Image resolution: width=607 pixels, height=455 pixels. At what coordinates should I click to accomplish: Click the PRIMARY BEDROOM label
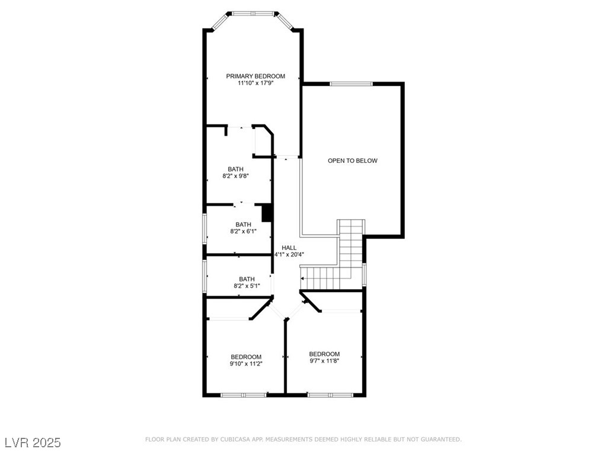pos(255,76)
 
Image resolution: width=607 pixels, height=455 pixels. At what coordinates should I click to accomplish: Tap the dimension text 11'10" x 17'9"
pos(255,84)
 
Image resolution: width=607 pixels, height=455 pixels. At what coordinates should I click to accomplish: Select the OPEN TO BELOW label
pos(353,161)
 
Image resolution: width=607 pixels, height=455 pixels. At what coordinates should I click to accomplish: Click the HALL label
pos(289,248)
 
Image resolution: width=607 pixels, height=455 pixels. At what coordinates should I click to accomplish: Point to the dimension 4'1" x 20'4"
pos(289,255)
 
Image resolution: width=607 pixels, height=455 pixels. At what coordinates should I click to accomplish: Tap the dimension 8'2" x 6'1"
pos(243,232)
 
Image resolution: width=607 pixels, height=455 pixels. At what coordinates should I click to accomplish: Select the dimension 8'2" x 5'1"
pos(247,286)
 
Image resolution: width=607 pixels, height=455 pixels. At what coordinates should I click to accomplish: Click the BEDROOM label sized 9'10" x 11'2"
pos(246,357)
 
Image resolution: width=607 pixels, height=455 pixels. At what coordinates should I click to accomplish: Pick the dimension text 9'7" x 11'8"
pos(324,361)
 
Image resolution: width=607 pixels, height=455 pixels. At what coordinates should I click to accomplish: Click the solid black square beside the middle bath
pos(267,213)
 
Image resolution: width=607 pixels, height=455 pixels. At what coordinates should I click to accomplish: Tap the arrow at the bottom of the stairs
pos(303,278)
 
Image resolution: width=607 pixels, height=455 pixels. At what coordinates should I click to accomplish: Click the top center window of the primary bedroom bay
pos(253,13)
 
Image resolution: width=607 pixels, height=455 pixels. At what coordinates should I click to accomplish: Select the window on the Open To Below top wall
pos(352,84)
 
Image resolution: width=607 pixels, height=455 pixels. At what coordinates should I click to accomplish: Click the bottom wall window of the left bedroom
pos(244,395)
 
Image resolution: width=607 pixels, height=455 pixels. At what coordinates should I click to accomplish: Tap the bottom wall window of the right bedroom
pos(330,395)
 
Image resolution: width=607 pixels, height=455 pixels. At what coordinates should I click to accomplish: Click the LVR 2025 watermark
pos(32,443)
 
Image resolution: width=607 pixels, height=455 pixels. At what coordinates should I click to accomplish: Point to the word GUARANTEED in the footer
pos(440,440)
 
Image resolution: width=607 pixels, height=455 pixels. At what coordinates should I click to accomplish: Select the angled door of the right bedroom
pos(311,302)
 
